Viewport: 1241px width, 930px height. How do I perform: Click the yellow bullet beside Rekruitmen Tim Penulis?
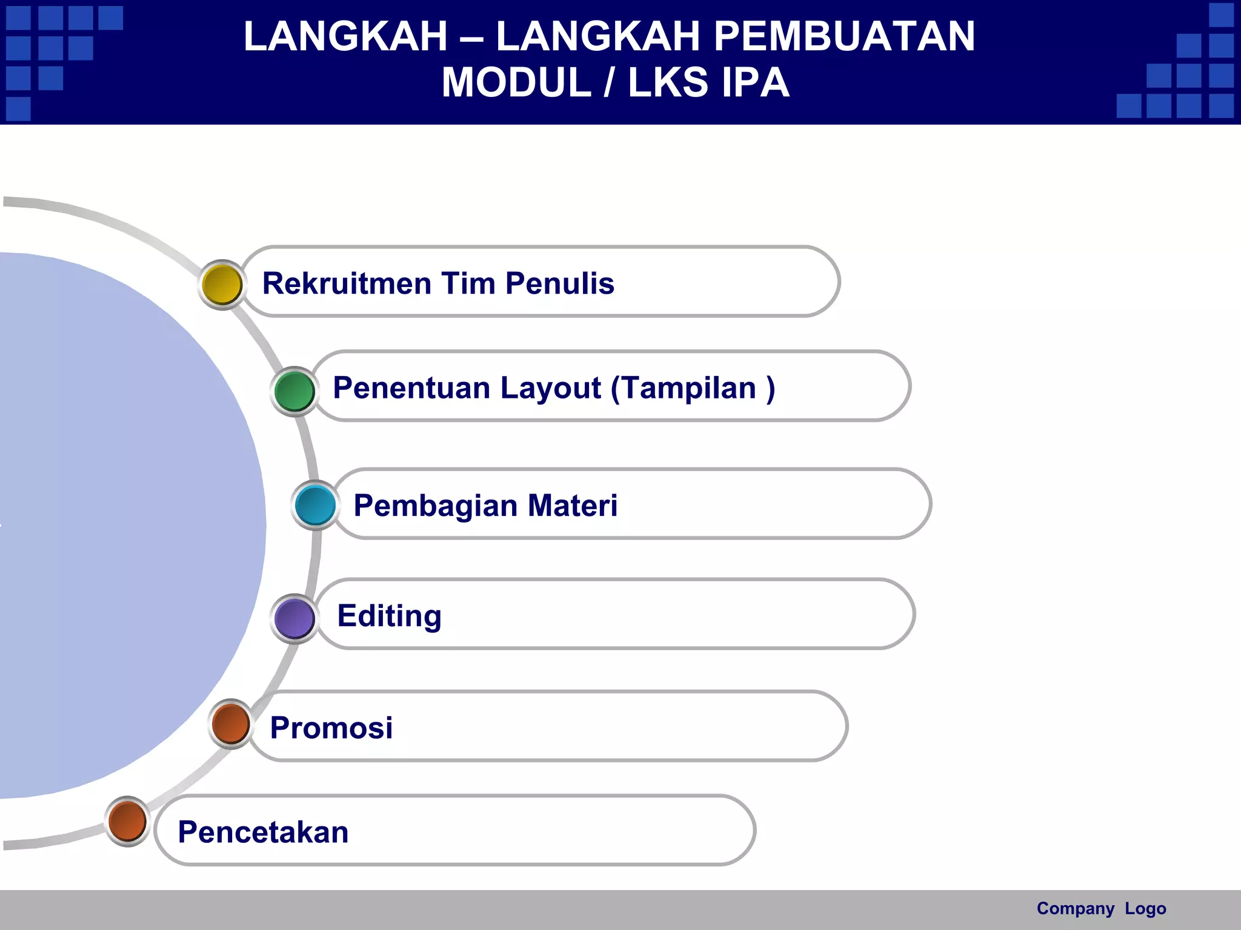coord(222,285)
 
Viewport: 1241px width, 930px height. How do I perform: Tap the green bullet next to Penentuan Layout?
coord(294,391)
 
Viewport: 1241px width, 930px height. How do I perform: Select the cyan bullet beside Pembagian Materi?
coord(316,505)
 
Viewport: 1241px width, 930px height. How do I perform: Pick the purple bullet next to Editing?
coord(294,618)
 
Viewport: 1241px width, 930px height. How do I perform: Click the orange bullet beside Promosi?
coord(231,724)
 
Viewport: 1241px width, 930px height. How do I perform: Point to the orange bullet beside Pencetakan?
coord(127,821)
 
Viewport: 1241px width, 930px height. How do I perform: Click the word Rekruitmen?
coord(346,283)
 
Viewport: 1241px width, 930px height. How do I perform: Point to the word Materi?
coord(572,506)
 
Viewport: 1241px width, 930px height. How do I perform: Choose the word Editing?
coord(389,616)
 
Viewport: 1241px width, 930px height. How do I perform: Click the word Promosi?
coord(331,728)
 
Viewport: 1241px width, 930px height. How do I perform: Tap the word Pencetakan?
coord(263,832)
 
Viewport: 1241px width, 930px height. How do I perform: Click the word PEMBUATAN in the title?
coord(844,36)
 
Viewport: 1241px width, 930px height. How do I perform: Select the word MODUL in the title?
coord(516,82)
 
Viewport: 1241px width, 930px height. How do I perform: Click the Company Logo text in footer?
coord(1101,908)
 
